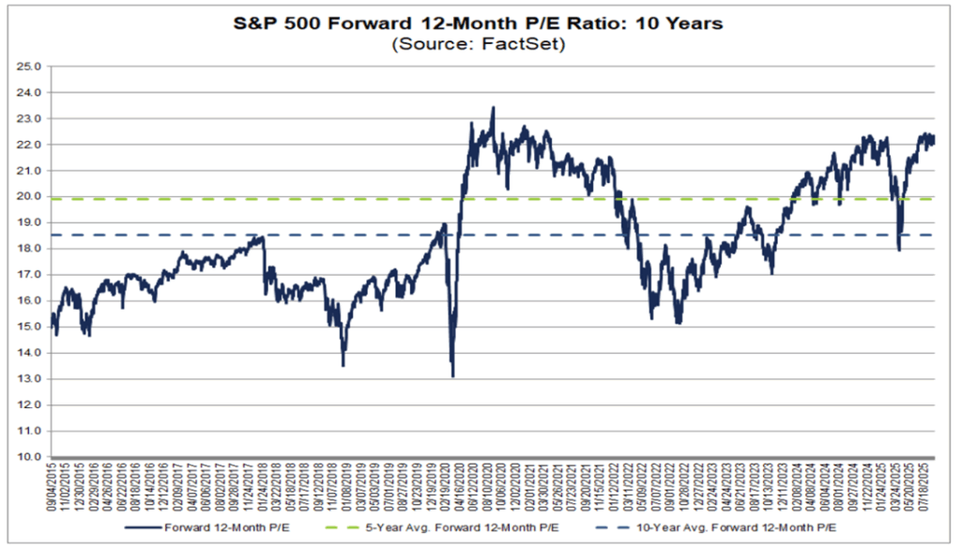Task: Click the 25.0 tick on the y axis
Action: click(33, 67)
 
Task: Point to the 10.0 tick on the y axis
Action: click(33, 457)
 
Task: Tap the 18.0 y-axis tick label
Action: click(33, 249)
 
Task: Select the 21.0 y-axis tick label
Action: click(33, 171)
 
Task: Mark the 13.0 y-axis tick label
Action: click(33, 379)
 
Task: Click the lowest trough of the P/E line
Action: click(453, 376)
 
